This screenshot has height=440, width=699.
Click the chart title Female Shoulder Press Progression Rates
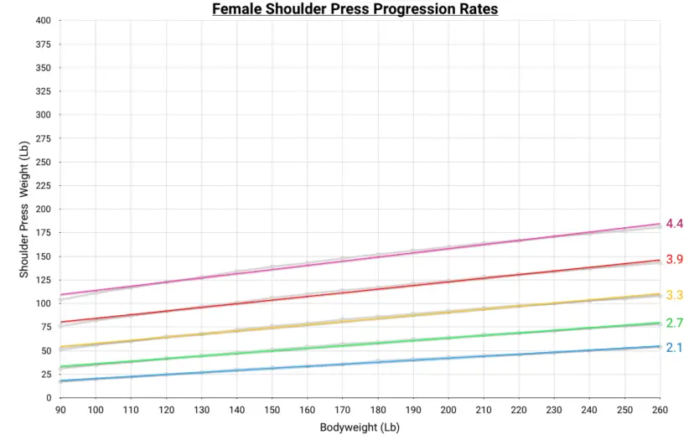click(355, 10)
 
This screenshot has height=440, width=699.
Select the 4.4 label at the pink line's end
click(675, 224)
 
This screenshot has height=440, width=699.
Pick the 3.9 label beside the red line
click(675, 259)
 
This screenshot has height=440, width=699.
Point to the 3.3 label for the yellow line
click(675, 294)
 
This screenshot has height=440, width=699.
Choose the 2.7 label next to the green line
click(675, 323)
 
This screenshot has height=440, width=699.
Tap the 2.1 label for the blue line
click(675, 347)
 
